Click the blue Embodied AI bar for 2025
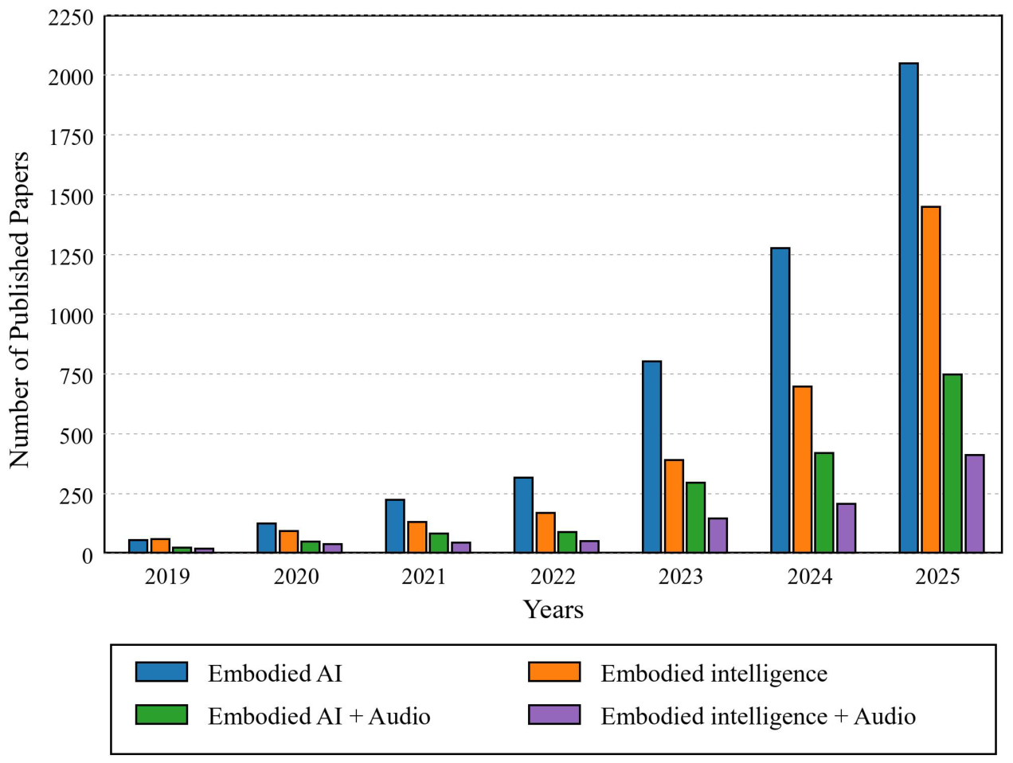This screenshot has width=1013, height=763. coord(909,307)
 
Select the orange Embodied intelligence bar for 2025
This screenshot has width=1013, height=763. coord(931,379)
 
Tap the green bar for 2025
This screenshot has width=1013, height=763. coord(952,464)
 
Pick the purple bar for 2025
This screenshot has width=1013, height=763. coord(975,503)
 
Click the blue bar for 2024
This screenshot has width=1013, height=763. coord(780,400)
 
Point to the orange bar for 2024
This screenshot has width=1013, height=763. coord(803,469)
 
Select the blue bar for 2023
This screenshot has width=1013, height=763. coord(652,456)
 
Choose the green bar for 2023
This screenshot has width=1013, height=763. coord(696,518)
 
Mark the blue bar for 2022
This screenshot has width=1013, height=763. coord(523,515)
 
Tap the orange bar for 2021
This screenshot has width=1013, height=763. coord(417,537)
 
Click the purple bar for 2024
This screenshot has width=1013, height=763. coord(847,528)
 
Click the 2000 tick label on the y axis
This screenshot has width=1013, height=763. coord(71,76)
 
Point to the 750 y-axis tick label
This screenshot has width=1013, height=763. coord(76,376)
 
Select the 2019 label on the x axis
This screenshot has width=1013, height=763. coord(167,577)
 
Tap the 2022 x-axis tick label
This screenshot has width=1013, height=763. coord(553,577)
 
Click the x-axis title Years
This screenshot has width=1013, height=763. coord(553,609)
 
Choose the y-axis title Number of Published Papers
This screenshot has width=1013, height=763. coord(19,309)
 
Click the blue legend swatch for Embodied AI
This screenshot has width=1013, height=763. coord(162,671)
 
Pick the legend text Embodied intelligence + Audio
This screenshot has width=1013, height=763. coord(758,716)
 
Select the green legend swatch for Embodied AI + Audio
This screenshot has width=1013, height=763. coord(162,714)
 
